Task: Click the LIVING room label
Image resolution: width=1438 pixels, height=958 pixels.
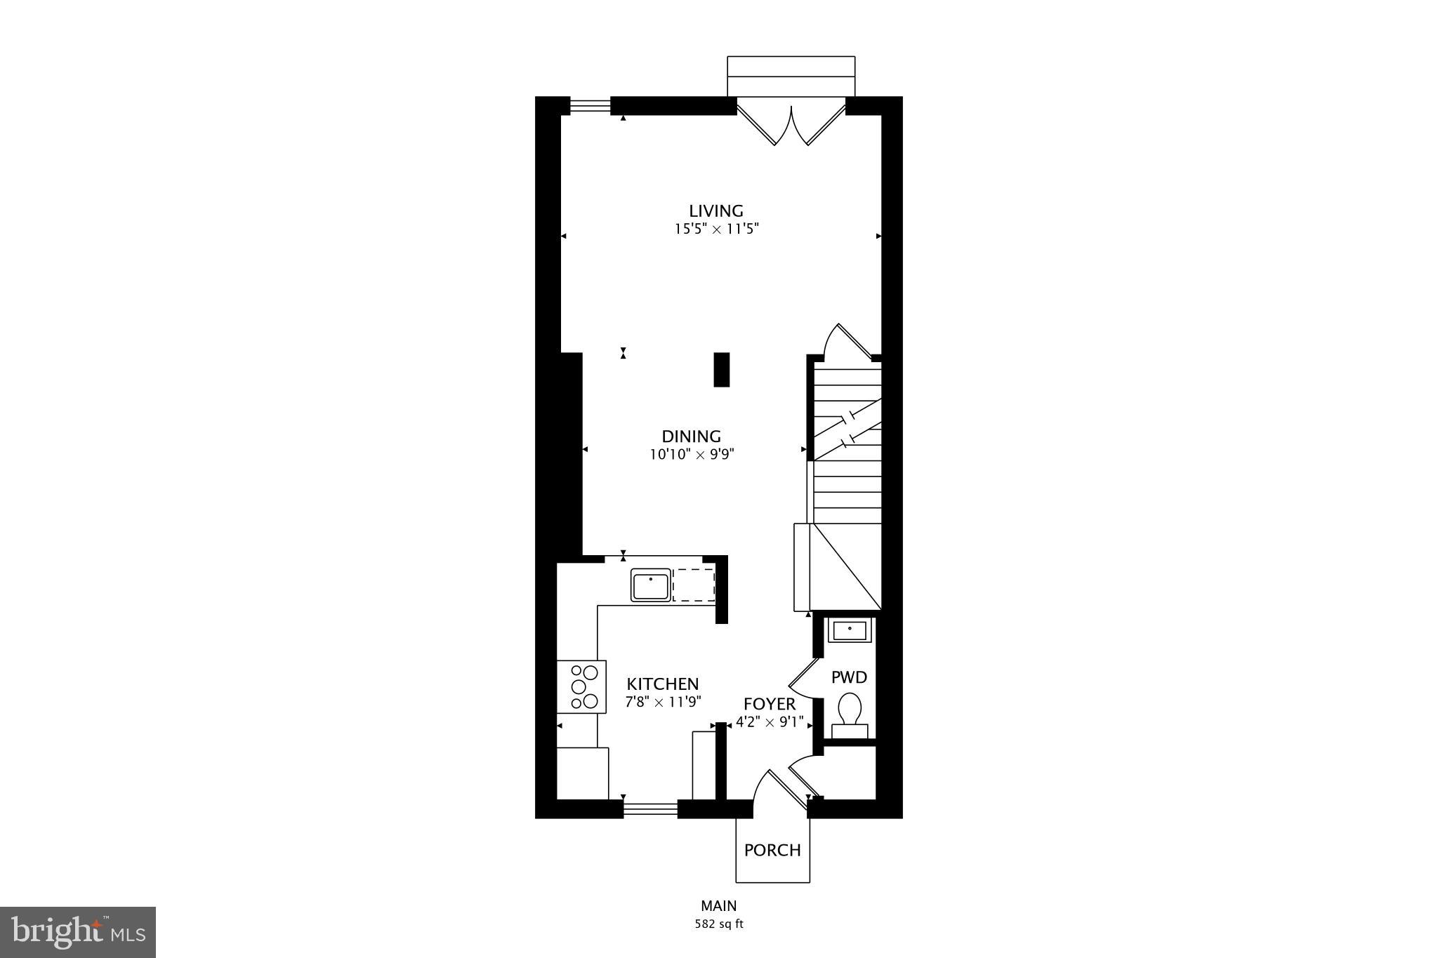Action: [x=715, y=211]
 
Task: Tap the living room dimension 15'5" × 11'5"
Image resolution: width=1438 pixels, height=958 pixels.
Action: [x=716, y=229]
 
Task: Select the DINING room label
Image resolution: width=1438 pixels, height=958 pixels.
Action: [x=691, y=437]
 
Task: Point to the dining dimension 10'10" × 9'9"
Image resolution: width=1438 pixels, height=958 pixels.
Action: [x=692, y=455]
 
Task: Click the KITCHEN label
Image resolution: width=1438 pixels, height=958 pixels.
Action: [x=662, y=684]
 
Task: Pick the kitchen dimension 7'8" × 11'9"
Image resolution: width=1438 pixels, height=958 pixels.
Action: [x=663, y=702]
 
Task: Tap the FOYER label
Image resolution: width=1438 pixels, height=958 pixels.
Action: [x=770, y=704]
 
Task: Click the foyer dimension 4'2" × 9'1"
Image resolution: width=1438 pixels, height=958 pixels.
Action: [x=769, y=722]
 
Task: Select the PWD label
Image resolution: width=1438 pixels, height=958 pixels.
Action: [x=849, y=677]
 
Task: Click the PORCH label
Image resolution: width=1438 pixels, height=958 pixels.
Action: [x=772, y=851]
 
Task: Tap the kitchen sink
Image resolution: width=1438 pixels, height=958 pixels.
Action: [x=650, y=585]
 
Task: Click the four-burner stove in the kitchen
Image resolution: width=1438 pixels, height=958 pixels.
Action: [x=581, y=686]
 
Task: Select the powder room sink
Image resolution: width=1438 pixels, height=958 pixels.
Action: [x=850, y=630]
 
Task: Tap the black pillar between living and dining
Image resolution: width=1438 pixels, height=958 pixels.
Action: [x=722, y=369]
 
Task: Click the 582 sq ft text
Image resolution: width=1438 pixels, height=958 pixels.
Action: [x=718, y=924]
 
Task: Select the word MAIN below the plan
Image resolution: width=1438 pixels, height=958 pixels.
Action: [x=718, y=906]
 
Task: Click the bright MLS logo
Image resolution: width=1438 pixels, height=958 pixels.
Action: [x=78, y=932]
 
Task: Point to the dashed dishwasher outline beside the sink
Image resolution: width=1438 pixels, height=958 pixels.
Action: [x=694, y=585]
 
